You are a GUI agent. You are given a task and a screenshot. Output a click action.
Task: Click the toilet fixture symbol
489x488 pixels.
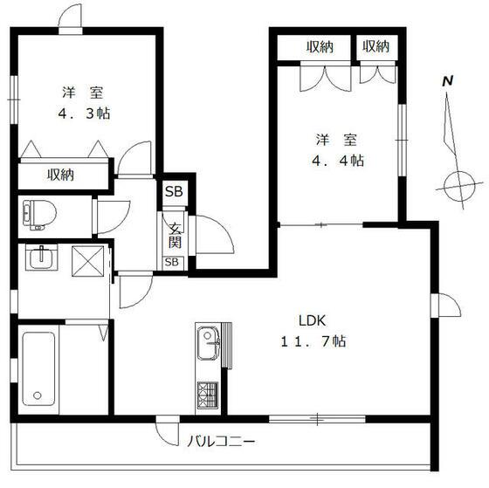tap(39, 215)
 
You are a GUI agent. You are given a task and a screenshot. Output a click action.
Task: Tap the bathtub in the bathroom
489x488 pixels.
tap(38, 369)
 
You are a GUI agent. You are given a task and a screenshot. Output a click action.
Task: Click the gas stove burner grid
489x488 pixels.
tap(208, 395)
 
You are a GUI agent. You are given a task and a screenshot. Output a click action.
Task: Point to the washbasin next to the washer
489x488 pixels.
tap(41, 257)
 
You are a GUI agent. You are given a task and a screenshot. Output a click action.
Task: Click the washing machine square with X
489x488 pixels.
tap(88, 261)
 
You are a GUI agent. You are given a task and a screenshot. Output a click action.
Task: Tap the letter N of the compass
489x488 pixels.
tap(448, 81)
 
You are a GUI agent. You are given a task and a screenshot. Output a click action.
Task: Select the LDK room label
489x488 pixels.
tap(313, 320)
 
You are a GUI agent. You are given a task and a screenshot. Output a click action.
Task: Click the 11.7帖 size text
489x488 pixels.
tap(313, 341)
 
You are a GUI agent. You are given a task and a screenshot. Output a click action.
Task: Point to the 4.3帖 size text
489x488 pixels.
tap(84, 113)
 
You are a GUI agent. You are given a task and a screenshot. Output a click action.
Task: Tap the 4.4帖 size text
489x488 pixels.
tap(338, 161)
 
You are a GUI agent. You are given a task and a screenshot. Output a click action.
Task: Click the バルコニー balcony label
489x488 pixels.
tap(221, 441)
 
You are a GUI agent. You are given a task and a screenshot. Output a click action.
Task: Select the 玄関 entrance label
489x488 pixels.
tap(175, 235)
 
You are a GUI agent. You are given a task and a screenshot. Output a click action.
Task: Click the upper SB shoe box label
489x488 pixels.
tap(174, 191)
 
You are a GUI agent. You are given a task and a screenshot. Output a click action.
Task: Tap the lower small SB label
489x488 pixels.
tap(172, 262)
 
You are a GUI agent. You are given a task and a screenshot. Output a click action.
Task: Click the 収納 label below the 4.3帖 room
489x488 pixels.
tap(60, 175)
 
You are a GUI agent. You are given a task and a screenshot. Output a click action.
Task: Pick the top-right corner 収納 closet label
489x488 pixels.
tap(375, 46)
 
